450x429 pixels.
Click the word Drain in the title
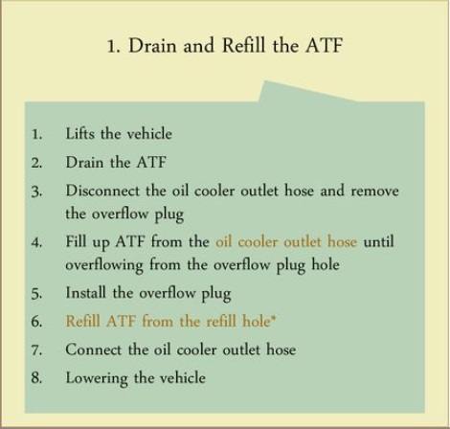tap(152, 45)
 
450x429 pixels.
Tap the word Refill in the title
tap(243, 45)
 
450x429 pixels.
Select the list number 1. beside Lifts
tap(37, 134)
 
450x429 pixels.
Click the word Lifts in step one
tap(80, 133)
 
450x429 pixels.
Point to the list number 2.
tap(36, 163)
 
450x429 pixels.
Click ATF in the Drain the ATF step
tap(151, 162)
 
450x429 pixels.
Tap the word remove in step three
tap(374, 192)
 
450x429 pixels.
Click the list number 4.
tap(36, 242)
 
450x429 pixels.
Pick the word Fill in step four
tap(76, 241)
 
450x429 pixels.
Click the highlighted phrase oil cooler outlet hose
tap(286, 241)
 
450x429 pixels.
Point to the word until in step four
tap(379, 241)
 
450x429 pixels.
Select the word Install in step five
tap(85, 292)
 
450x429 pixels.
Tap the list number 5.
tap(36, 294)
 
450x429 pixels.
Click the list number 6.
tap(36, 322)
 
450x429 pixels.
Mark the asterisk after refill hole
tap(273, 319)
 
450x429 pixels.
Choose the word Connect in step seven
tap(94, 350)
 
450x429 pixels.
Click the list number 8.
tap(36, 378)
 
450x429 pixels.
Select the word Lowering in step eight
tap(97, 379)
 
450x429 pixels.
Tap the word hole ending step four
tap(326, 264)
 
